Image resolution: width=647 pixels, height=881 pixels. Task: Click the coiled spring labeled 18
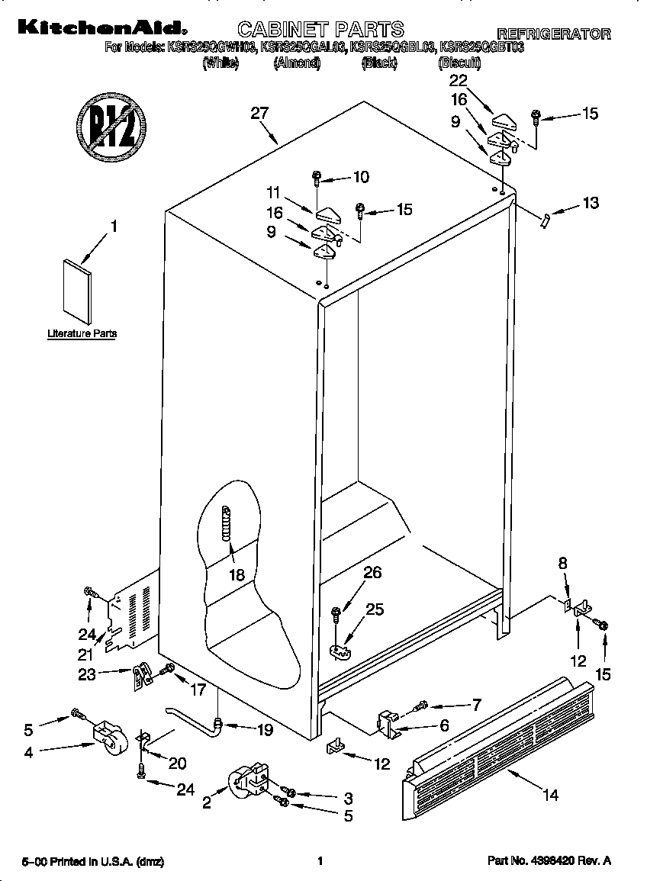226,524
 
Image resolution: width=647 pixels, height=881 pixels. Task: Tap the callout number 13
590,203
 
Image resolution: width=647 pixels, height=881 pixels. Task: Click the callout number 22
458,80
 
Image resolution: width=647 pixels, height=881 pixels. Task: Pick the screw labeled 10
317,179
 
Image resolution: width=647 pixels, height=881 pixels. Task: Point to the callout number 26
372,573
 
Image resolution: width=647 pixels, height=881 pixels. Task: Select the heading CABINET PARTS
320,30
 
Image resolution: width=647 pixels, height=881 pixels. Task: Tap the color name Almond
297,64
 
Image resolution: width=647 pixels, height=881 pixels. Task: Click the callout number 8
562,564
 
